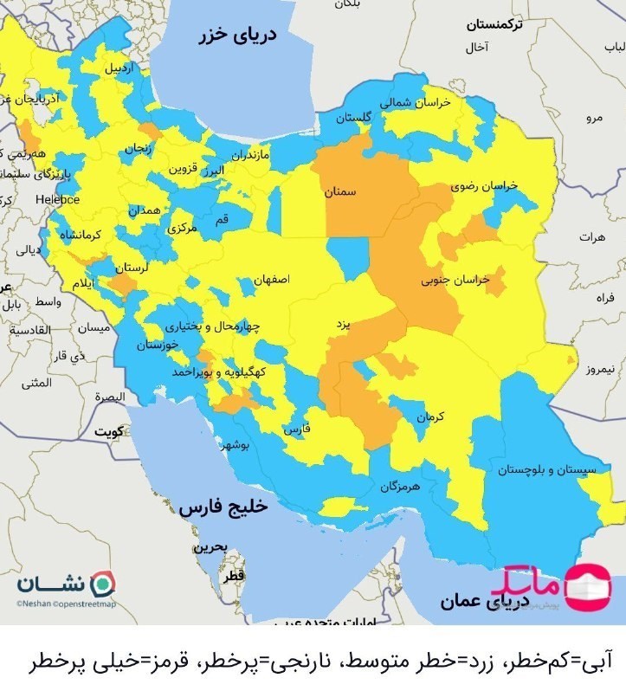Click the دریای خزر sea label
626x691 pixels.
pyautogui.click(x=236, y=36)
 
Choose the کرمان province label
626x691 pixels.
pyautogui.click(x=429, y=417)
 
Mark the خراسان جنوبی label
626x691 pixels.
pyautogui.click(x=455, y=281)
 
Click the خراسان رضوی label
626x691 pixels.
pyautogui.click(x=482, y=186)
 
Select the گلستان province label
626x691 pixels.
pyautogui.click(x=354, y=117)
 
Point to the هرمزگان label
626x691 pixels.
pyautogui.click(x=398, y=487)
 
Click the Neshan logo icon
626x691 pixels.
pyautogui.click(x=102, y=583)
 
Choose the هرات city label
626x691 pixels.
pyautogui.click(x=592, y=236)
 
